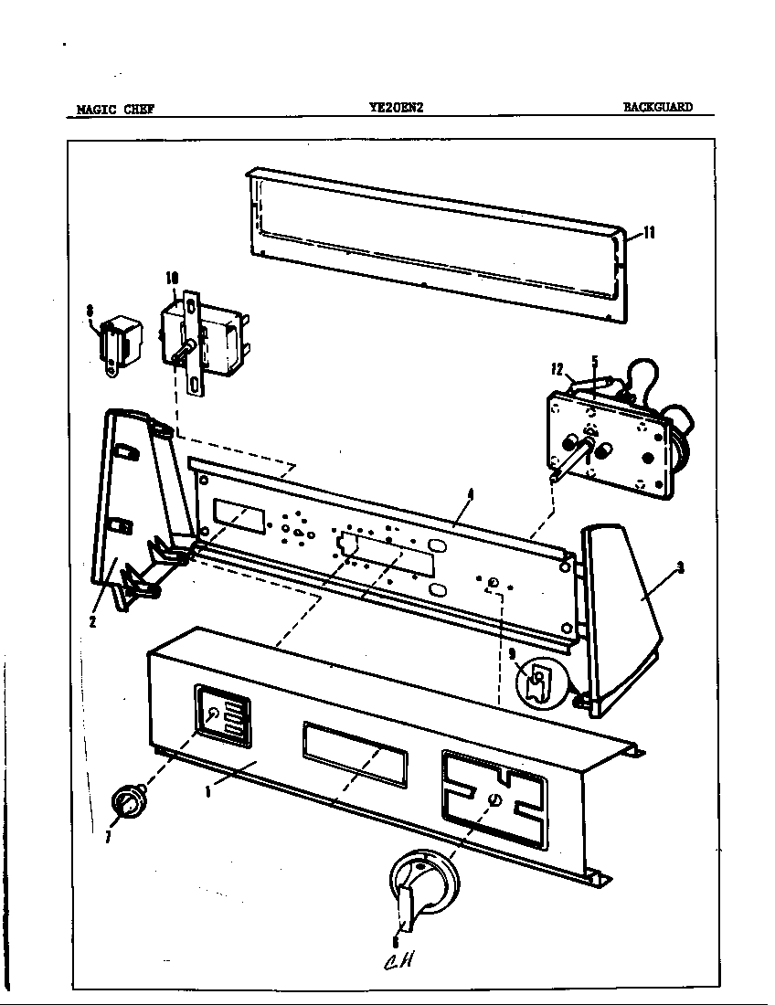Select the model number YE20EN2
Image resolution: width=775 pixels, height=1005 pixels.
pyautogui.click(x=394, y=107)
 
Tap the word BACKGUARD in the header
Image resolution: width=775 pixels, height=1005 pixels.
pyautogui.click(x=657, y=107)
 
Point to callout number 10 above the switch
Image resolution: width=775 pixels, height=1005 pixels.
pyautogui.click(x=171, y=277)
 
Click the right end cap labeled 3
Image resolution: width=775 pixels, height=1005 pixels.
pyautogui.click(x=621, y=621)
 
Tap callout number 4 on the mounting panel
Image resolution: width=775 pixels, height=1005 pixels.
pyautogui.click(x=470, y=494)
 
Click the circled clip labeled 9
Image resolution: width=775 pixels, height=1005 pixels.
pyautogui.click(x=539, y=681)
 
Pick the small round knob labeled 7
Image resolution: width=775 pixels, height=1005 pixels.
pyautogui.click(x=127, y=803)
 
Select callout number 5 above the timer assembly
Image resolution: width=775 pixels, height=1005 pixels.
pyautogui.click(x=594, y=361)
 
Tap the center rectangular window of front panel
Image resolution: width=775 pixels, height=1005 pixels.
pyautogui.click(x=352, y=752)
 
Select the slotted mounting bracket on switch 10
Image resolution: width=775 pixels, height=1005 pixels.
pyautogui.click(x=193, y=343)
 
